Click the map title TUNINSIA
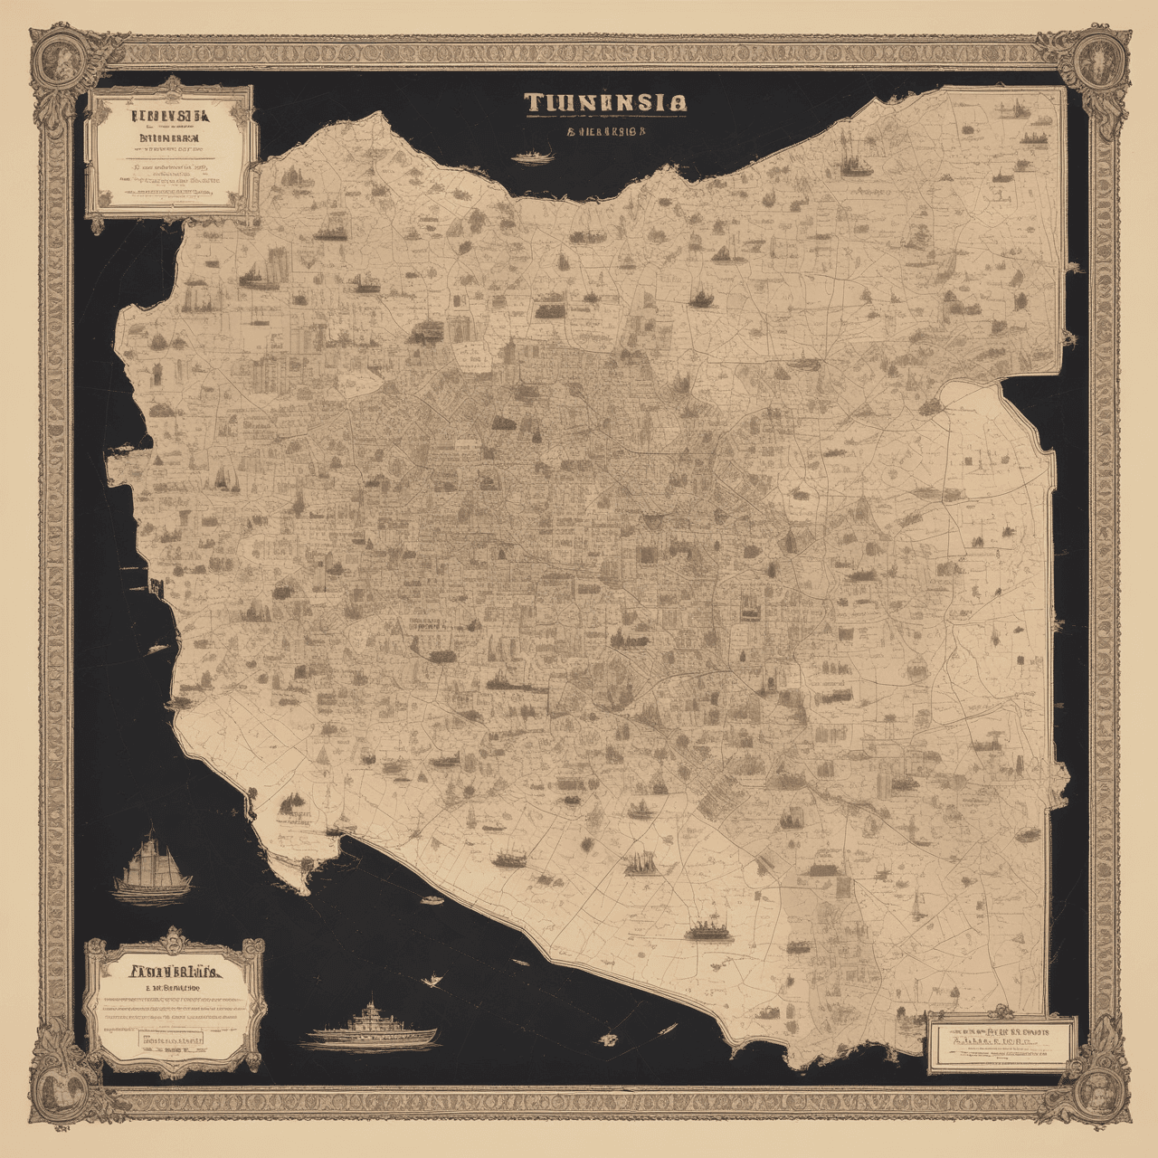coord(603,102)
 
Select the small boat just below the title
coord(533,156)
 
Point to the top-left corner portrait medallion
coord(58,59)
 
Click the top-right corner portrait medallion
coord(1098,59)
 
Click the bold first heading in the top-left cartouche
coord(168,116)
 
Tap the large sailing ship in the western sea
coord(152,864)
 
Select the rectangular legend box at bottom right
coord(1002,1043)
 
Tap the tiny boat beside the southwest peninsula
coord(432,900)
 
